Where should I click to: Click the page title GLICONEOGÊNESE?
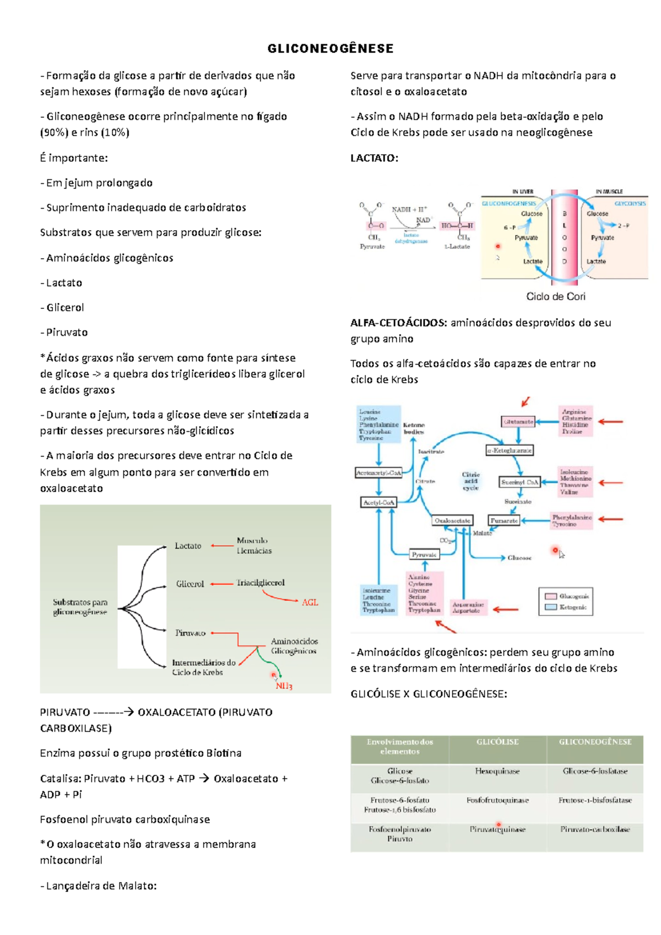330,49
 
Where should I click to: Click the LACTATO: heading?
374,158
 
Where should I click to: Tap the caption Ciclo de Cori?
555,296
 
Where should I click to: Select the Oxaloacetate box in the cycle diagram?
452,520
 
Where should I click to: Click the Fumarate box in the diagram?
503,520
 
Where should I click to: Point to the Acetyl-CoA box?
378,502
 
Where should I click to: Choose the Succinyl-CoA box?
519,482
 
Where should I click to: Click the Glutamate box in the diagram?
518,422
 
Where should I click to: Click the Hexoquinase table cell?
497,771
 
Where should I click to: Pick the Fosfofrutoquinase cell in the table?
497,800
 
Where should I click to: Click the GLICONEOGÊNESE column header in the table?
595,742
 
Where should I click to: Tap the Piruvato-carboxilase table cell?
595,829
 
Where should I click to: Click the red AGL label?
310,602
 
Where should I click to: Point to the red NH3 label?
284,686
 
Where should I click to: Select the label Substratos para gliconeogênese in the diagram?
80,607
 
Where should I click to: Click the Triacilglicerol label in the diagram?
261,583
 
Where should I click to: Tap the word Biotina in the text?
224,753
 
